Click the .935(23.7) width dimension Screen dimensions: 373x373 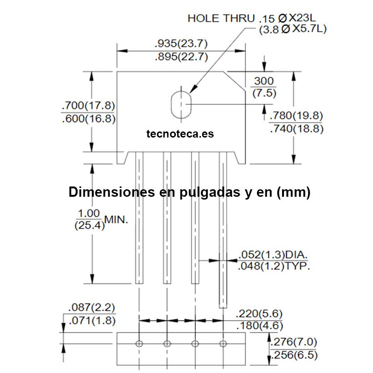tap(181, 43)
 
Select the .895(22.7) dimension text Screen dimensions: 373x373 tap(181, 56)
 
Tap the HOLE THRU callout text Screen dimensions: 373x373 tap(221, 18)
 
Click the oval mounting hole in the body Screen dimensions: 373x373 tap(181, 104)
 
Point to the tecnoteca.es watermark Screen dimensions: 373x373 tap(180, 134)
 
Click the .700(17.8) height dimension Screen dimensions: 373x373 tap(88, 105)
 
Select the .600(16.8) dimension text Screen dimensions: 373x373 tap(89, 118)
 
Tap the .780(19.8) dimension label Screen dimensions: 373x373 tap(296, 116)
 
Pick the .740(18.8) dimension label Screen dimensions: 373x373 tap(297, 129)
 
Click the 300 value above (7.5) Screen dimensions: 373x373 tap(264, 81)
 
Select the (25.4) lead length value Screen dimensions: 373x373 tap(90, 225)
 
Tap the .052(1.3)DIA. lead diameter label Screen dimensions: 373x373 tap(273, 255)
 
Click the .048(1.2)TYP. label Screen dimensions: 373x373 tap(274, 266)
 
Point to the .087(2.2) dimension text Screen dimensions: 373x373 tap(91, 307)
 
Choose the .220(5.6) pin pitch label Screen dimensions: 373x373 tap(259, 314)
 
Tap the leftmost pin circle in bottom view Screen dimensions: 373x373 tap(139, 344)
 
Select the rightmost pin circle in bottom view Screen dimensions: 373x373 tap(223, 344)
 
